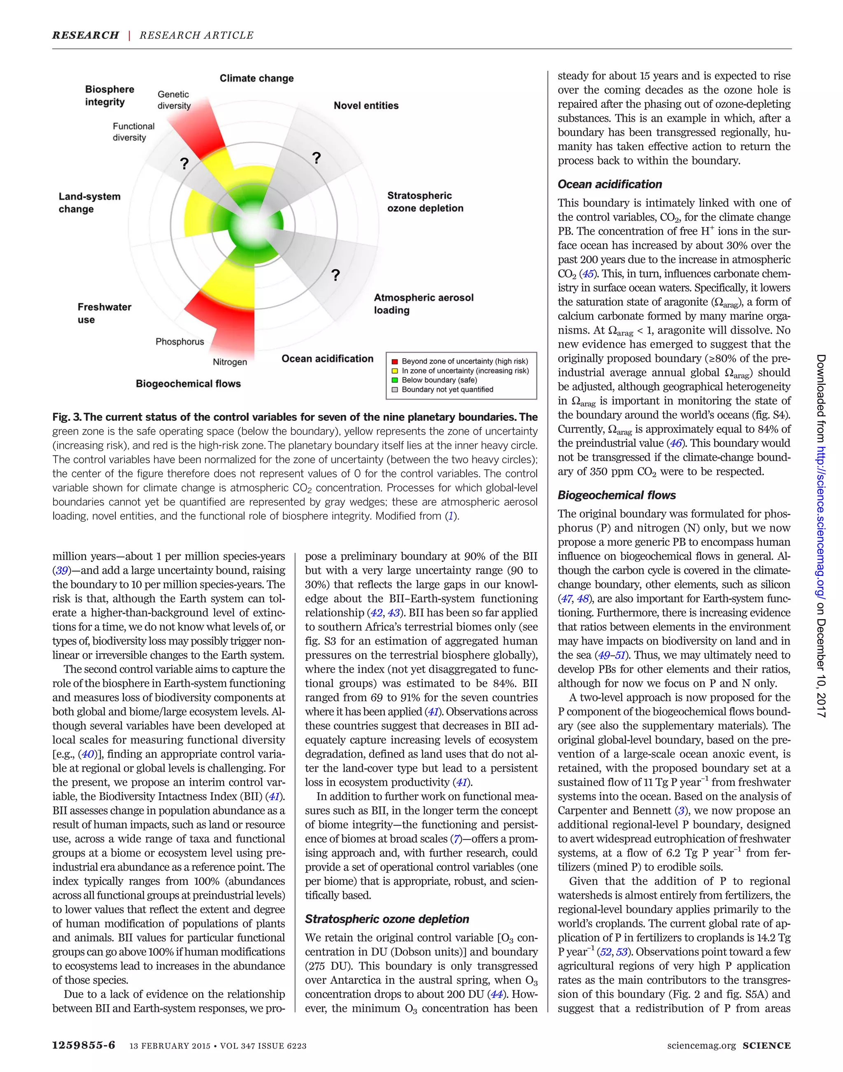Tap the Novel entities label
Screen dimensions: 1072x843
click(366, 106)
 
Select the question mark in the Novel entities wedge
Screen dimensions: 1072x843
click(317, 158)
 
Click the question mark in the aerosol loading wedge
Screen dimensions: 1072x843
click(335, 275)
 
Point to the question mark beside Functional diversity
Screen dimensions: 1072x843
click(184, 163)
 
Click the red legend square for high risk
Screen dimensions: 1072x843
click(394, 361)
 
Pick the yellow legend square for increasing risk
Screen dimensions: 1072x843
click(394, 371)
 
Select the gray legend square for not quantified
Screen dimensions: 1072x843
click(394, 389)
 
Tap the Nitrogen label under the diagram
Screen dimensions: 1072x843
click(230, 362)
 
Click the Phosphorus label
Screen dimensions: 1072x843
click(179, 341)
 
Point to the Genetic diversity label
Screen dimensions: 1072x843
click(174, 100)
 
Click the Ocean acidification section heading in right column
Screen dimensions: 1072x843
click(610, 185)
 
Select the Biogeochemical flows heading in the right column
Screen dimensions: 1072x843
click(617, 495)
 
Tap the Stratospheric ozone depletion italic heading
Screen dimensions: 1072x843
click(387, 919)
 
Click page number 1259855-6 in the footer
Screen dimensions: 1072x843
click(84, 1045)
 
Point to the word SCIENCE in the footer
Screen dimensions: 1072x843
click(766, 1045)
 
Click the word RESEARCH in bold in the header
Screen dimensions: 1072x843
click(85, 35)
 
